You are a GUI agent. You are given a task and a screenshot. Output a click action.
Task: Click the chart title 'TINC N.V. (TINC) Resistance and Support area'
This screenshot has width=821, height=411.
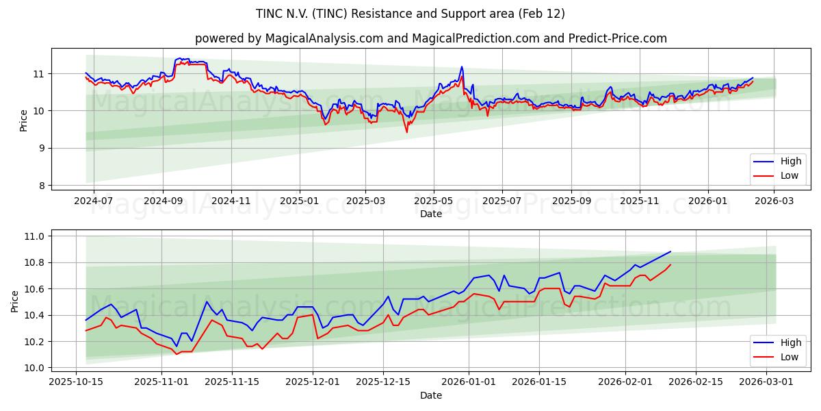410,14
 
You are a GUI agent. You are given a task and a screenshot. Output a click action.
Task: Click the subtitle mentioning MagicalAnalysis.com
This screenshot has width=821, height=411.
430,38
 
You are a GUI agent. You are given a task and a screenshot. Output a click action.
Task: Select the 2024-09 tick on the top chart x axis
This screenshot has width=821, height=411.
163,201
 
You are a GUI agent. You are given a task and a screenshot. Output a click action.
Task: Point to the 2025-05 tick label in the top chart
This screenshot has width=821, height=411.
433,201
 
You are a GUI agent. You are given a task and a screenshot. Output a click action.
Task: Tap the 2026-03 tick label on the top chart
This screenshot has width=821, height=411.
774,201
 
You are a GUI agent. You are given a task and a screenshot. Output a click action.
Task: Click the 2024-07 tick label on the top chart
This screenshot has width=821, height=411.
93,201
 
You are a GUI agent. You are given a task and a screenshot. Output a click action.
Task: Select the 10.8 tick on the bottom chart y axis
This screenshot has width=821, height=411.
33,263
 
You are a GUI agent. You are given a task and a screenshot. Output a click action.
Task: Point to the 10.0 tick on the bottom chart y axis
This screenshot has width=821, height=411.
33,368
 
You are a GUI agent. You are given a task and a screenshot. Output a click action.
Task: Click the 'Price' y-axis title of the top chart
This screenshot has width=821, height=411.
23,121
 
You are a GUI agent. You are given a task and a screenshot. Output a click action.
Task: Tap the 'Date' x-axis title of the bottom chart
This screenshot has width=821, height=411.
430,395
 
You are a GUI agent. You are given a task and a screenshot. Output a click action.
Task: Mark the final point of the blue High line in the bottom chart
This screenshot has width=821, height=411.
670,251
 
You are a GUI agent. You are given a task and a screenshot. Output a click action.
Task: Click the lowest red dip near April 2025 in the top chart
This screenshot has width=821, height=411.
407,132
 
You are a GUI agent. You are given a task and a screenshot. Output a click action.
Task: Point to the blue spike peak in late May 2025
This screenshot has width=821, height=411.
462,66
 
